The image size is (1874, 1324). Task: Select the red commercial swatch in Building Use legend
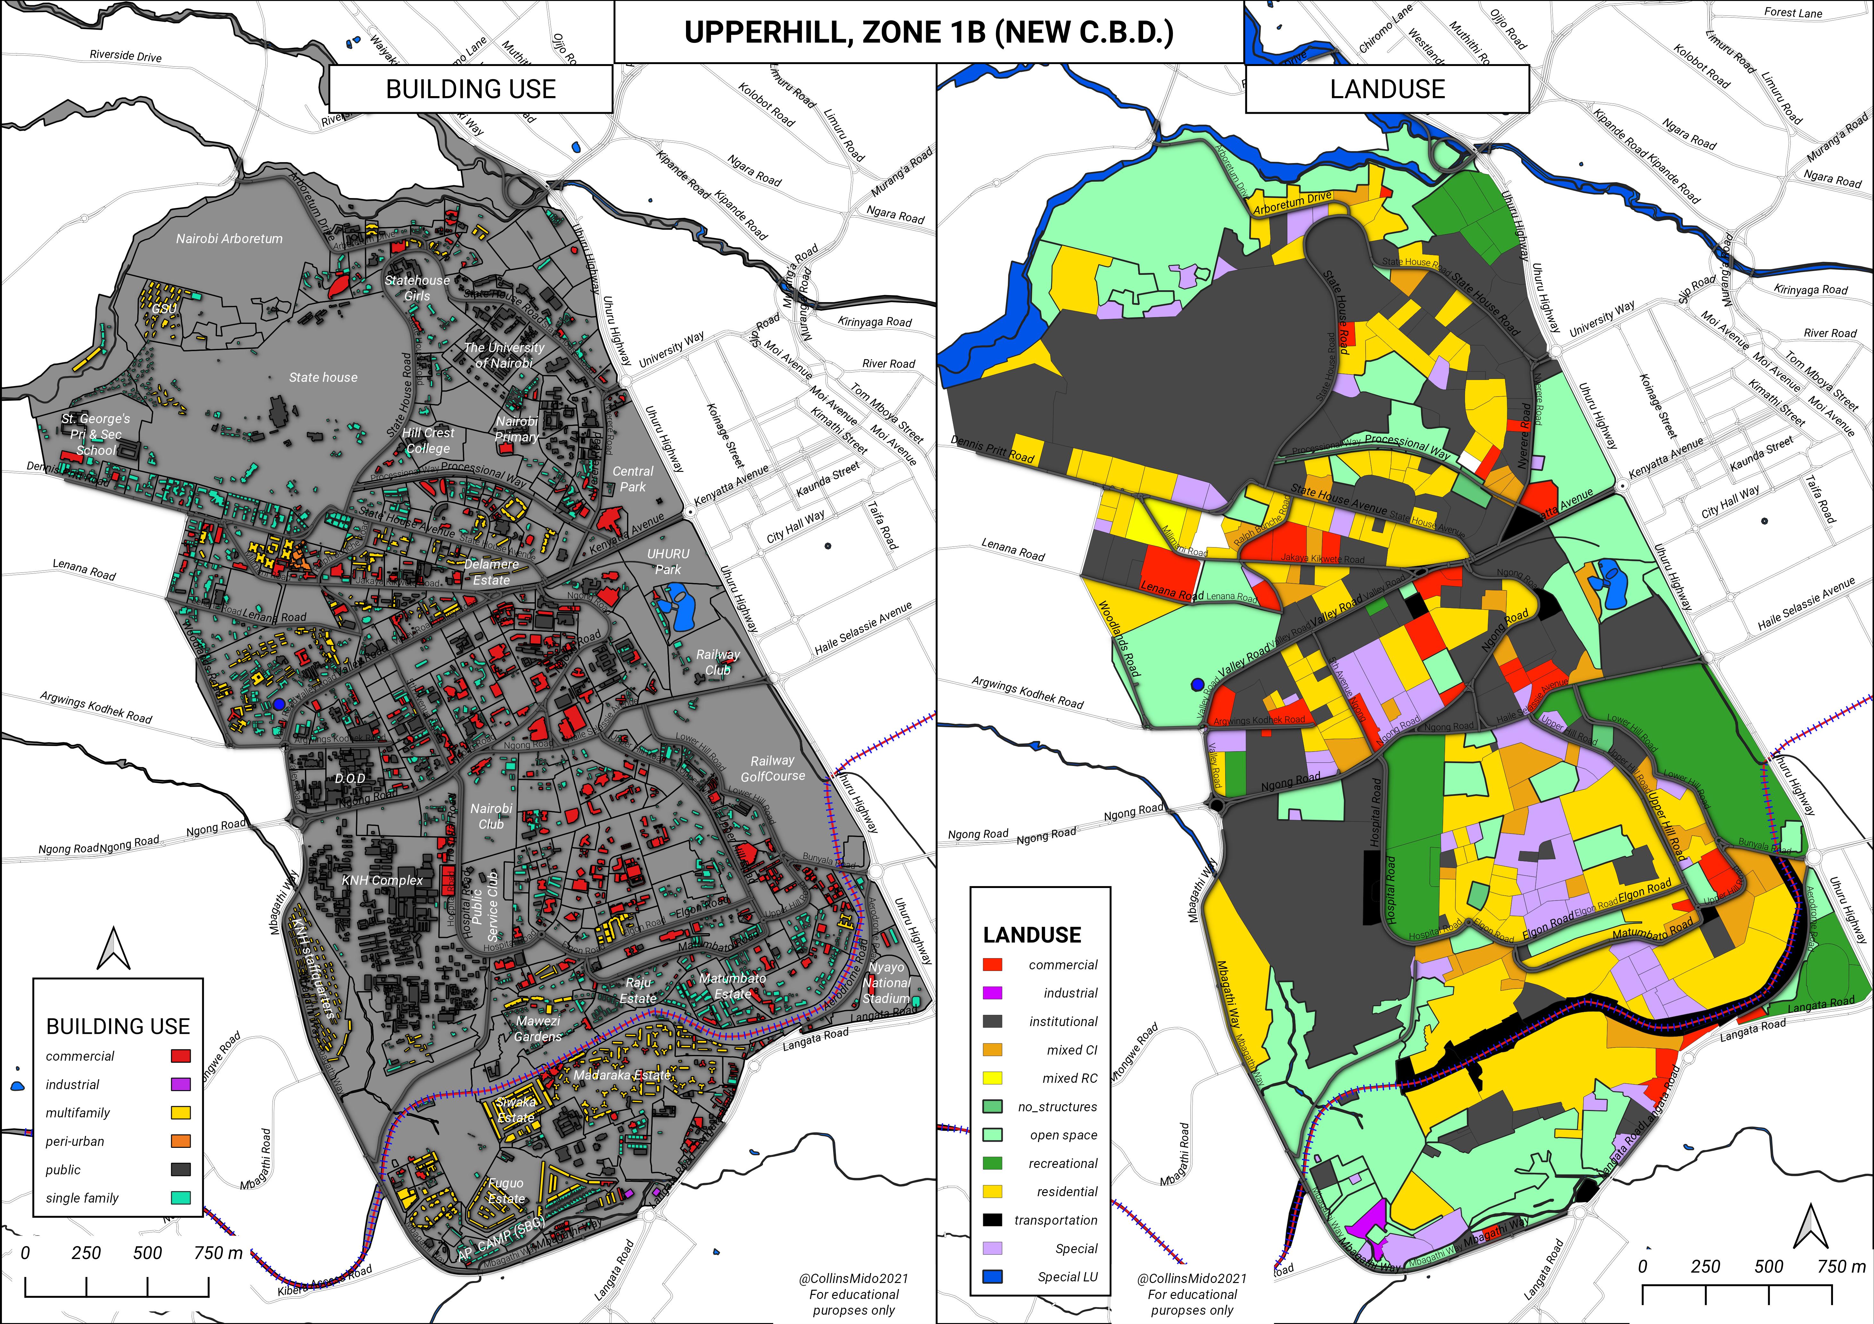[x=180, y=1056]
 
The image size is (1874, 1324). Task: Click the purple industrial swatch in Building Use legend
[x=180, y=1084]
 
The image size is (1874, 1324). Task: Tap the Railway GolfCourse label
[x=772, y=769]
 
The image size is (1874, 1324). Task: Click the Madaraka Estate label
[x=622, y=1075]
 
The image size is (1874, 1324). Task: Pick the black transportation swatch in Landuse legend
[x=992, y=1220]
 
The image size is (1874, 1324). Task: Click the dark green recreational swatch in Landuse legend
[x=992, y=1163]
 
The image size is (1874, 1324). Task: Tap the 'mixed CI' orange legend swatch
[x=992, y=1050]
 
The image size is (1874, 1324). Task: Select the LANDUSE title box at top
[x=1387, y=89]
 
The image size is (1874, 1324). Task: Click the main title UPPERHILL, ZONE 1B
[x=929, y=32]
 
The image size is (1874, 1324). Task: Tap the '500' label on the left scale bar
[x=148, y=1253]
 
